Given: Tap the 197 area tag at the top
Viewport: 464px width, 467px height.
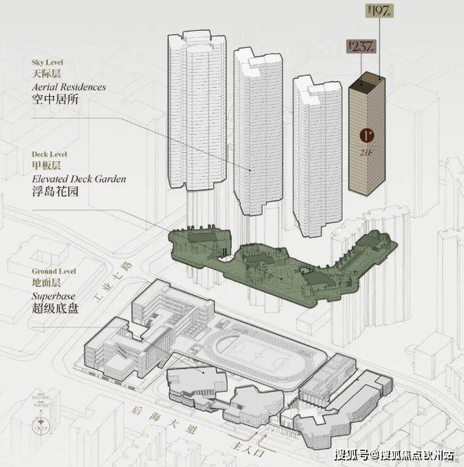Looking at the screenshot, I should pyautogui.click(x=380, y=11).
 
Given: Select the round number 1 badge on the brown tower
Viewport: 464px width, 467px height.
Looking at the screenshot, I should pyautogui.click(x=366, y=135).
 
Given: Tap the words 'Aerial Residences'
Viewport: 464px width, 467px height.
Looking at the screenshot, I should pyautogui.click(x=68, y=87).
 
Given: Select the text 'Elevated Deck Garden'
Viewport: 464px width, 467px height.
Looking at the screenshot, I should pyautogui.click(x=79, y=179).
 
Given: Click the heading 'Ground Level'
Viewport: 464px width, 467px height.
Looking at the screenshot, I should pyautogui.click(x=55, y=270).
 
